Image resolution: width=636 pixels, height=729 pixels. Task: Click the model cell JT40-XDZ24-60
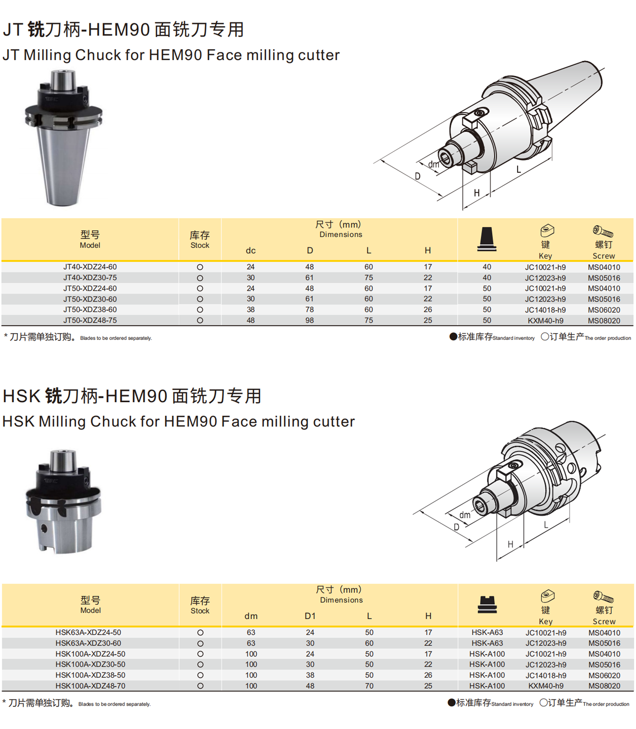[90, 267]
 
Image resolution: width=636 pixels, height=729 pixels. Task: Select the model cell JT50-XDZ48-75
[90, 320]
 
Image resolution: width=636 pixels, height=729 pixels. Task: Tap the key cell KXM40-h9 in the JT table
[545, 321]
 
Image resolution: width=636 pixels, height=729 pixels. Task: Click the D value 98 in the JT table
[309, 320]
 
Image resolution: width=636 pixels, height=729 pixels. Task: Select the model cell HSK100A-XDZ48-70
[90, 686]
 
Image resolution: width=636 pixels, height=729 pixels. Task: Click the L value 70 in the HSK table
[369, 686]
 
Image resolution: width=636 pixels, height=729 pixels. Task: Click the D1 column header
[310, 616]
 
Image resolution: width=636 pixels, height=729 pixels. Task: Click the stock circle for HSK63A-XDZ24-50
[200, 633]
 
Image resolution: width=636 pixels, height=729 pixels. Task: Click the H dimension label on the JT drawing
[477, 193]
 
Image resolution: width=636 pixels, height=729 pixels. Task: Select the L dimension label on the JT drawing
[518, 169]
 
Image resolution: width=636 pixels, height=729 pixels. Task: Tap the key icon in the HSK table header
[547, 596]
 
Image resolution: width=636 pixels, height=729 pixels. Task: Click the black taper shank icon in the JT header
[487, 239]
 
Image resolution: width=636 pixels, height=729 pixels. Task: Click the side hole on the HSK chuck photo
[44, 529]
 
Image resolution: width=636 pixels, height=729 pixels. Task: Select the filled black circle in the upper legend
[453, 337]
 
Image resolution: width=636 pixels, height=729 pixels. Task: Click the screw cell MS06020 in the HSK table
[604, 675]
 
